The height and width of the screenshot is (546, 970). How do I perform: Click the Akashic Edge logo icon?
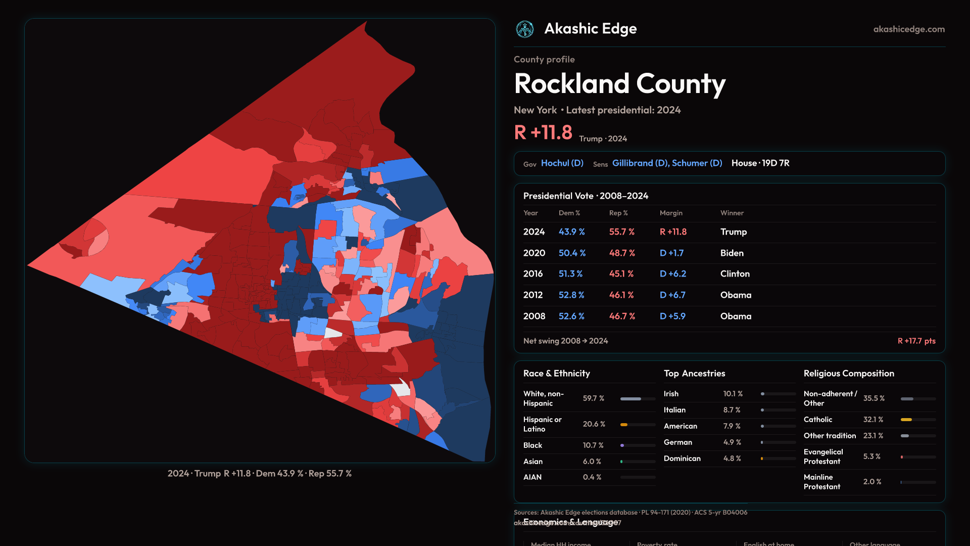click(x=525, y=29)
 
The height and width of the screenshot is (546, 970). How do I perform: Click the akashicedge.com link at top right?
click(x=909, y=29)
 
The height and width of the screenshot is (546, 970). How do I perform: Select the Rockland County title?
click(x=619, y=84)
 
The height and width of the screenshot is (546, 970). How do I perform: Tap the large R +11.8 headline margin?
click(x=543, y=133)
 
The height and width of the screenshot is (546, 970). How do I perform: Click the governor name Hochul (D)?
click(x=562, y=163)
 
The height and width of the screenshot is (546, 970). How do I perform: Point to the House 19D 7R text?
click(x=760, y=163)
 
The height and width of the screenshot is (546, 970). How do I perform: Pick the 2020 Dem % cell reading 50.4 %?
click(x=572, y=253)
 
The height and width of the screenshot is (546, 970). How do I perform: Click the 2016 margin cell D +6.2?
click(x=672, y=274)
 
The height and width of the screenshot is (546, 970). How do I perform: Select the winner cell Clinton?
click(x=735, y=274)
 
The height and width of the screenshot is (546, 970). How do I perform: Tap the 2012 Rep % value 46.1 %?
click(x=622, y=295)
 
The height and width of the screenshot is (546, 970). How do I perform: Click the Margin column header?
click(x=671, y=213)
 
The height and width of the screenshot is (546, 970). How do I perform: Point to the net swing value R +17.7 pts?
click(x=916, y=341)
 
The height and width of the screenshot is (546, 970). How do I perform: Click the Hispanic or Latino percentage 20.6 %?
click(x=594, y=424)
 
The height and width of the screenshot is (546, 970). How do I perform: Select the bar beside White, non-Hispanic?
click(x=638, y=399)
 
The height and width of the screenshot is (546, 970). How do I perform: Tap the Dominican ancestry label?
click(x=682, y=459)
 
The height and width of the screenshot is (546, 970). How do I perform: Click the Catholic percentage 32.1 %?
click(x=873, y=420)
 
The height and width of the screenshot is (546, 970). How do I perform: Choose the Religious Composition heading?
click(x=849, y=374)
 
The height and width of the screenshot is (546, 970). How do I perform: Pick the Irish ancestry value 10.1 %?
click(x=733, y=394)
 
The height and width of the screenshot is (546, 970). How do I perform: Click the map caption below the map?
click(x=260, y=474)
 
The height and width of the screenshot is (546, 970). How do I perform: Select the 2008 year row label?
click(x=534, y=316)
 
